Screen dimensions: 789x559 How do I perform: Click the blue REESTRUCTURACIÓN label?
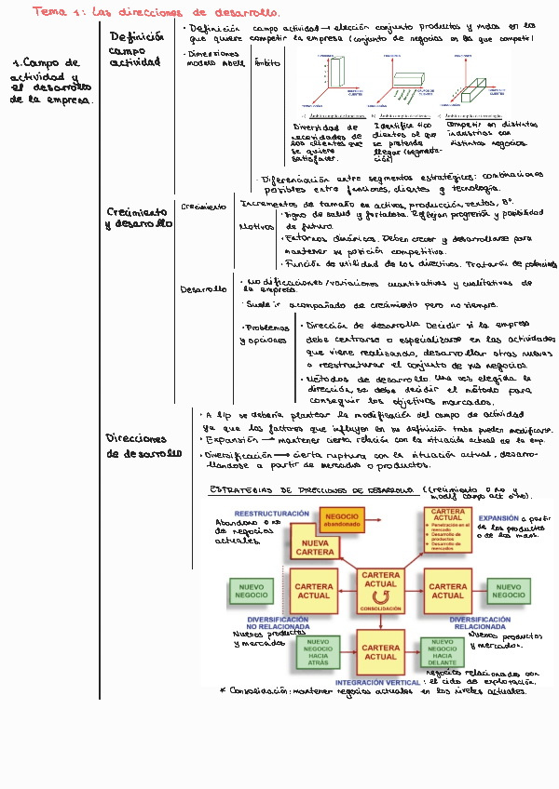(271, 514)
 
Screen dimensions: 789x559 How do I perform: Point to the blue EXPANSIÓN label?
(500, 519)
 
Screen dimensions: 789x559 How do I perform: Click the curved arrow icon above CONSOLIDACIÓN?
(380, 596)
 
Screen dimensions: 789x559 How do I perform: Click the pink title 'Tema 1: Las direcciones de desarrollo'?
(156, 12)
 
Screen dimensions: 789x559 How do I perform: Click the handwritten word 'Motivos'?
(255, 226)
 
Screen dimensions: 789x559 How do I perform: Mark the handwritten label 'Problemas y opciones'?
(265, 335)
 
